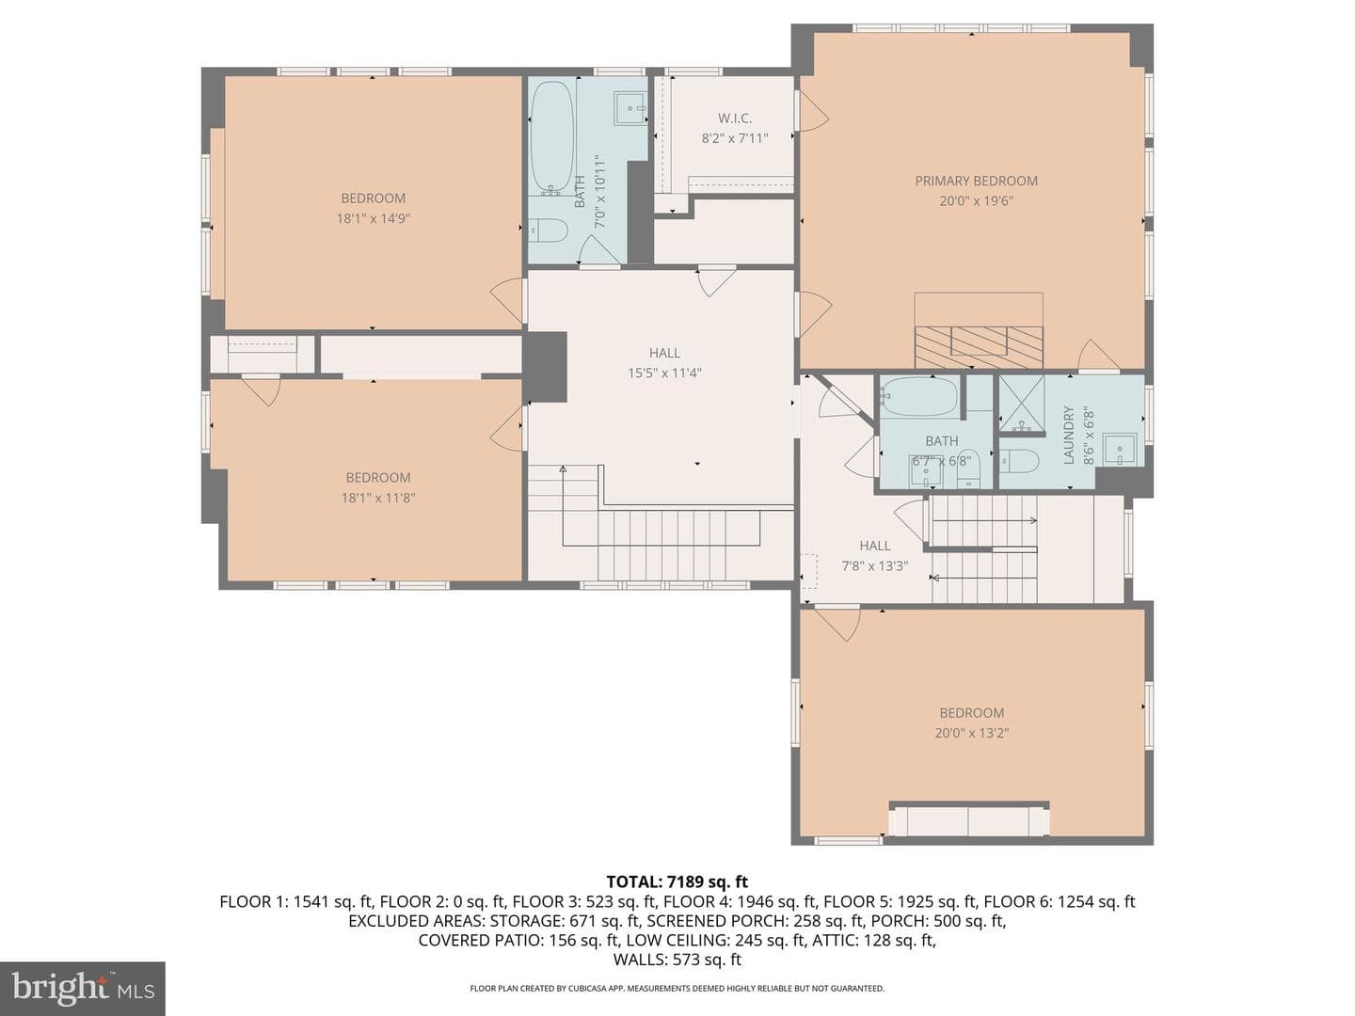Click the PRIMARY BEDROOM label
pos(976,181)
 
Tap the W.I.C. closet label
pos(735,118)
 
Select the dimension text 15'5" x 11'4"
pos(665,373)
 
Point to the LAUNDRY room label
pos(1069,435)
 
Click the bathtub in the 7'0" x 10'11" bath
pos(551,138)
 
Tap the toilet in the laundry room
pos(1019,460)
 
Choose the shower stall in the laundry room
pos(1022,404)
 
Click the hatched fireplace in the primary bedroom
pos(979,347)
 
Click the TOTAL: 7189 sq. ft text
pos(677,881)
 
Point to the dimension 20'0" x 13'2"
pos(972,733)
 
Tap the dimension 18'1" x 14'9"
pos(374,218)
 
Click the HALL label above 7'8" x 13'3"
pos(875,546)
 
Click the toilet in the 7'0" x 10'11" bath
pos(549,230)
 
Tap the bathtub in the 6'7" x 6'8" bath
pos(919,396)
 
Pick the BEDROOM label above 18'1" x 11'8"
pos(377,478)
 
